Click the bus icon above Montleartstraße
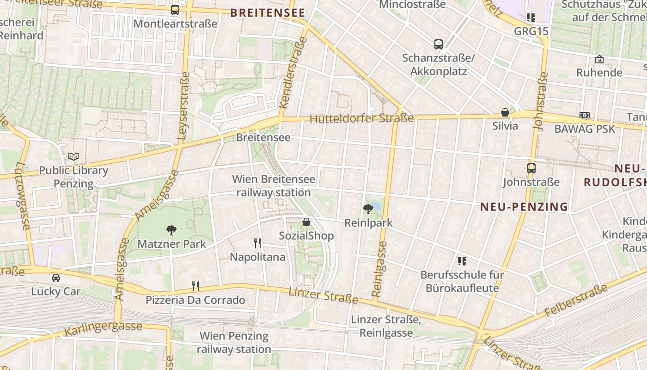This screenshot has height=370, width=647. pyautogui.click(x=175, y=10)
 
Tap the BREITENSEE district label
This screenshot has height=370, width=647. pyautogui.click(x=268, y=12)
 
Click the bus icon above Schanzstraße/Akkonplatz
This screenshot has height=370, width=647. pyautogui.click(x=439, y=44)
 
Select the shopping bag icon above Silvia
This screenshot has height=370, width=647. pyautogui.click(x=505, y=112)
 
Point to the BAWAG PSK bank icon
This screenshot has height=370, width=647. pyautogui.click(x=585, y=115)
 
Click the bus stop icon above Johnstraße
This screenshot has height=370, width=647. pyautogui.click(x=531, y=168)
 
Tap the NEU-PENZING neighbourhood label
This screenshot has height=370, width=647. pyautogui.click(x=524, y=207)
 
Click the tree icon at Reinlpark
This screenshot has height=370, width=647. pyautogui.click(x=368, y=209)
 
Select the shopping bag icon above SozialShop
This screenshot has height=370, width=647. pyautogui.click(x=306, y=222)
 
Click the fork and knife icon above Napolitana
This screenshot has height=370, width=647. pyautogui.click(x=257, y=243)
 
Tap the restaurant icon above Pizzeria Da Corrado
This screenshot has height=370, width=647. pyautogui.click(x=195, y=286)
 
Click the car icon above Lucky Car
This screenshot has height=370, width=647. pyautogui.click(x=56, y=278)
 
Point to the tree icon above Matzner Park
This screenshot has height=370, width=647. pyautogui.click(x=171, y=230)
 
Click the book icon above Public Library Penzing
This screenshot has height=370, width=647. pyautogui.click(x=73, y=156)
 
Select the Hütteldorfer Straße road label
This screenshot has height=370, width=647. pyautogui.click(x=361, y=118)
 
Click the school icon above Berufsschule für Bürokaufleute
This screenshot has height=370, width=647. pyautogui.click(x=462, y=261)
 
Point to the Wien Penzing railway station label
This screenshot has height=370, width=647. pyautogui.click(x=235, y=342)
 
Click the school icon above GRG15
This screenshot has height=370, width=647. pyautogui.click(x=531, y=18)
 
